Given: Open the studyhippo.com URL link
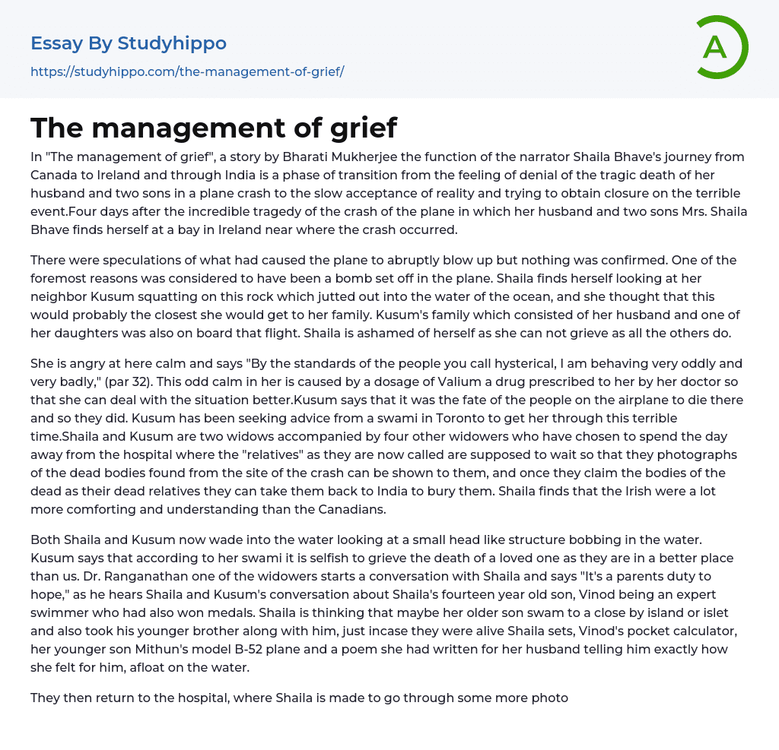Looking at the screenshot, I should (x=187, y=71).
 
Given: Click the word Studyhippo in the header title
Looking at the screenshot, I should (x=172, y=43).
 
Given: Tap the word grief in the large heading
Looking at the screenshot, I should (x=363, y=128).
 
